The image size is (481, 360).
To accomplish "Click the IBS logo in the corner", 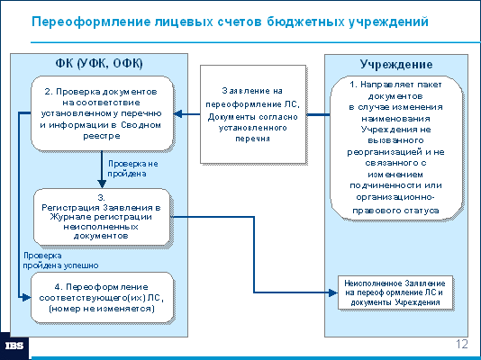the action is tap(14, 346).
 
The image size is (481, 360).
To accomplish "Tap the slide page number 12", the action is tap(462, 344).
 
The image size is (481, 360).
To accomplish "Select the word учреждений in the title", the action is tap(388, 22).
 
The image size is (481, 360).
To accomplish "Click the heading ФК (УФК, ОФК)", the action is tap(99, 64).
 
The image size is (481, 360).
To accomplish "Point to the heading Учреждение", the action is tap(396, 64).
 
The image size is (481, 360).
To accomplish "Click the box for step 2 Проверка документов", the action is tap(103, 113).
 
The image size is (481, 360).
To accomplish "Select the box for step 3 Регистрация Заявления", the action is tap(102, 217).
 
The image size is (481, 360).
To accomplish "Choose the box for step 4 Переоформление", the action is tap(103, 298).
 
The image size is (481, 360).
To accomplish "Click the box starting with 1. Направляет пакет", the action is tap(396, 148).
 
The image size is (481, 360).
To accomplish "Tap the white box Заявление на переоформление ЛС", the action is tap(253, 114).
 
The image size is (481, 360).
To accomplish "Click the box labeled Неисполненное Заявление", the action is tap(395, 292).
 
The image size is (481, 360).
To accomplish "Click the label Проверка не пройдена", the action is tap(132, 168).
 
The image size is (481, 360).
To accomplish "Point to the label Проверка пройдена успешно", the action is tap(60, 260).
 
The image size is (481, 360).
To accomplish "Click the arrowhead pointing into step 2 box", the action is tap(178, 114).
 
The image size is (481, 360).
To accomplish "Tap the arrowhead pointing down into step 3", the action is tap(102, 184).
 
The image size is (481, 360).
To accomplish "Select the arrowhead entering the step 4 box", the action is tap(26, 297).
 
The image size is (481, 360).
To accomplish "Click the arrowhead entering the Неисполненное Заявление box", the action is tap(333, 292).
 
